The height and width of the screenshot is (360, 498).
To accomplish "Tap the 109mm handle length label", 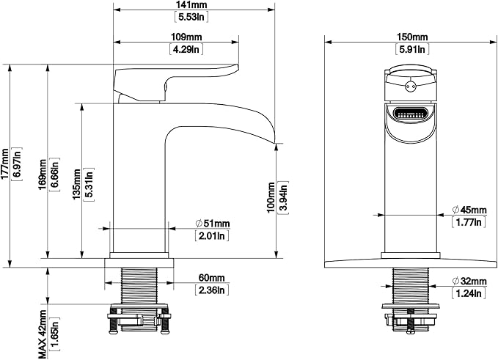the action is [186, 37].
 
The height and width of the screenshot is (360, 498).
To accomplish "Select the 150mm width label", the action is [412, 37].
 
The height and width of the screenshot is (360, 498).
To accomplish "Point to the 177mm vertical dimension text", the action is [4, 164].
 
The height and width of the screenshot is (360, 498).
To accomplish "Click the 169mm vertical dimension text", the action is [43, 175].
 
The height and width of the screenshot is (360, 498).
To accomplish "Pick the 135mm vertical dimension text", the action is [76, 185].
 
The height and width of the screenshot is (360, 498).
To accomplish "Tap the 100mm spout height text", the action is [271, 197].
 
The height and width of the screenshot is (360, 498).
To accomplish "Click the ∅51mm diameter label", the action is [212, 224].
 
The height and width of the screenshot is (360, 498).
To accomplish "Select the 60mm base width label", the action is [211, 278].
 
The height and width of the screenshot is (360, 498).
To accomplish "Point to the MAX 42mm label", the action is [43, 334].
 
